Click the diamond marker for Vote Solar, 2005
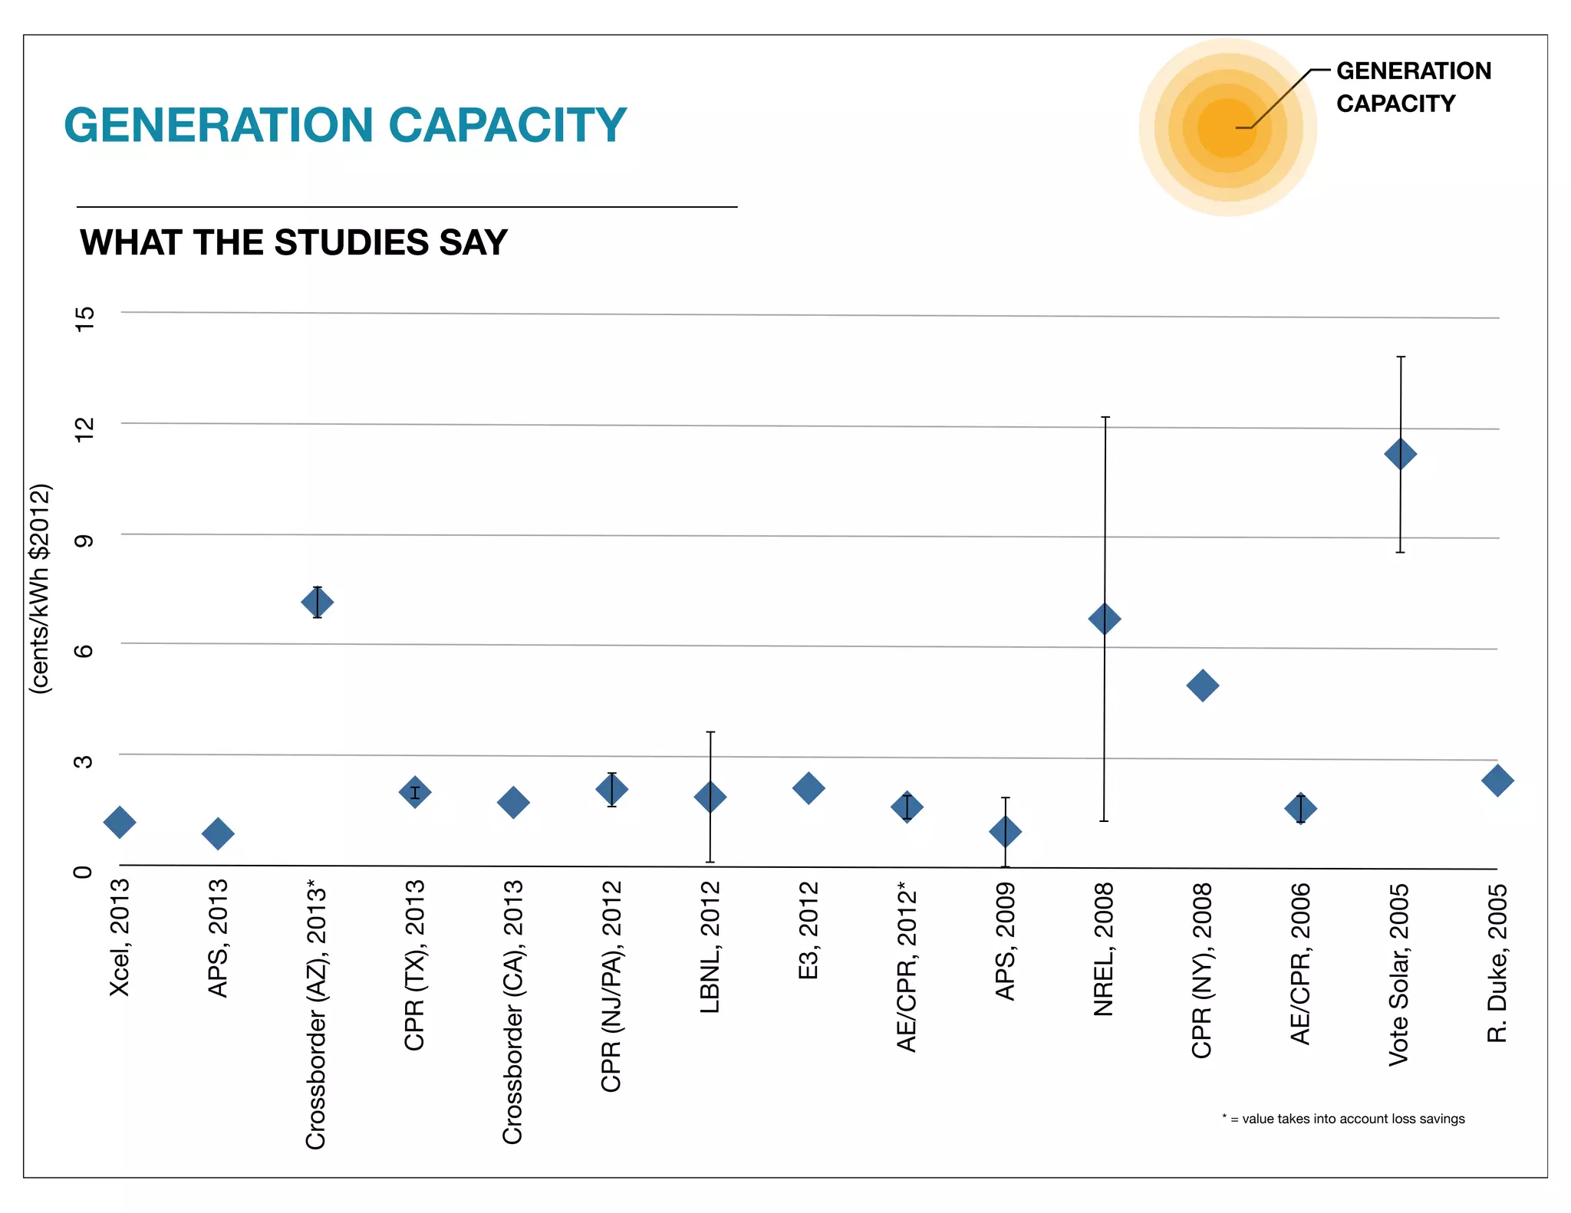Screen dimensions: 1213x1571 1400,454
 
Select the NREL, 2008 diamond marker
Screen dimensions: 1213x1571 1105,619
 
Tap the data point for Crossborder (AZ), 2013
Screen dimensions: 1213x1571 317,603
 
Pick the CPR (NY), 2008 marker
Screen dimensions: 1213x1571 1202,685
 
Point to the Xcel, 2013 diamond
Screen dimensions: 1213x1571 120,823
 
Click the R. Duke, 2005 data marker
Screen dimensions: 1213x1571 1497,781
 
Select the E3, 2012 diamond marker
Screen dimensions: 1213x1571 809,788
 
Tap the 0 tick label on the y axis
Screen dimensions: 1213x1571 83,872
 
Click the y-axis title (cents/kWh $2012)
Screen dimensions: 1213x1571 40,589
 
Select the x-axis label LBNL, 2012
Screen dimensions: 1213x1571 710,948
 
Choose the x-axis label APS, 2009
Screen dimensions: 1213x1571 1006,942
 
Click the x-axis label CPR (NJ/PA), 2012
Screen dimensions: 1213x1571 611,986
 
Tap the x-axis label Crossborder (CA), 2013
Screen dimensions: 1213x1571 513,1012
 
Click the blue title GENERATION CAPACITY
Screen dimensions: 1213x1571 345,125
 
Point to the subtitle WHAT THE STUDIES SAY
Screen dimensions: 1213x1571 294,242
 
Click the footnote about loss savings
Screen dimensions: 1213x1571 1343,1119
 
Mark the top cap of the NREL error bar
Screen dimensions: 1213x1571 1105,417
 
